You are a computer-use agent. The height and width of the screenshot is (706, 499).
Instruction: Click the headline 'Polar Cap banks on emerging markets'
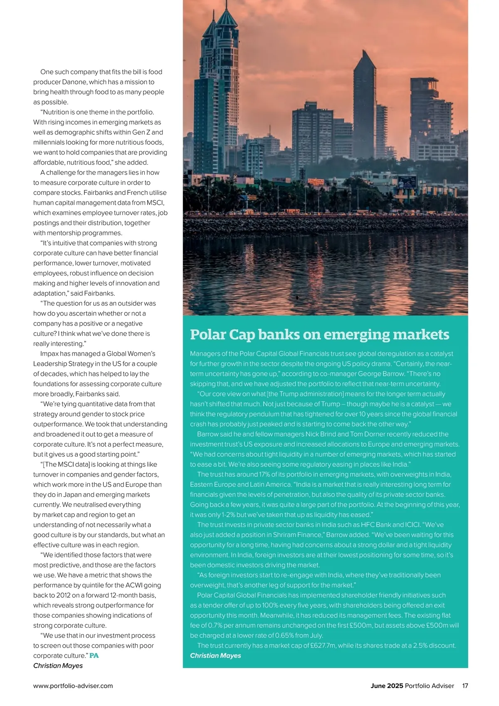tap(319, 334)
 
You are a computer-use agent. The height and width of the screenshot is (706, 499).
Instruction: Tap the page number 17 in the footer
tap(465, 686)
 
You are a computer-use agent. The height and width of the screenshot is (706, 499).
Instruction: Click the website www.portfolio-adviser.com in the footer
tap(73, 686)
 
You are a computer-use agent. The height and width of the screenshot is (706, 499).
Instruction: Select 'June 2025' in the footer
tap(387, 686)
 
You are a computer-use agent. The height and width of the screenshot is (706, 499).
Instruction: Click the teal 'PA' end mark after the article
tap(94, 656)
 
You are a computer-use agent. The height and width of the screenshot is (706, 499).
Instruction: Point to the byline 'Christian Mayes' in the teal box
tap(215, 656)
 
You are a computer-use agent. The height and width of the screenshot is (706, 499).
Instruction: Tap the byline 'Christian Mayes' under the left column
tap(58, 666)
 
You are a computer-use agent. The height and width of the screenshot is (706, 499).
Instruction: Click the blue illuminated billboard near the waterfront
tap(408, 182)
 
